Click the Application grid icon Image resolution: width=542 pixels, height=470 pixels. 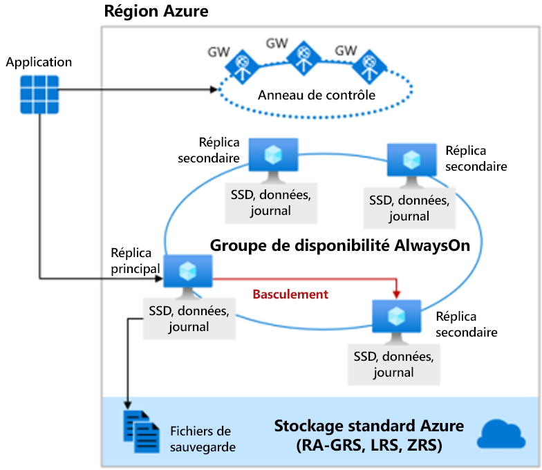pos(39,94)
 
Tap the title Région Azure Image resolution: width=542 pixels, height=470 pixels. pos(156,11)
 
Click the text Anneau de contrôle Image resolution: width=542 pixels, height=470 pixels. pos(317,95)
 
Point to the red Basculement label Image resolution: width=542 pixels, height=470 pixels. pos(290,294)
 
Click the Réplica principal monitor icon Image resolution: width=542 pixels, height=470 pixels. pos(188,276)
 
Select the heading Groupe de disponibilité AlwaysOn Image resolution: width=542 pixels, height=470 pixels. pos(340,245)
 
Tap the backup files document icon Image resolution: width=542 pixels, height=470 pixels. pos(142,431)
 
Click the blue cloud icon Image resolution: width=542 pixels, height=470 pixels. pos(501,434)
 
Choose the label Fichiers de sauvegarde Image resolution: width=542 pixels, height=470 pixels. pos(203,439)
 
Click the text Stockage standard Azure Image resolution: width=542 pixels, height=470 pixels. pos(369,426)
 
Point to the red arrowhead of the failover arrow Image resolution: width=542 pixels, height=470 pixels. pos(397,294)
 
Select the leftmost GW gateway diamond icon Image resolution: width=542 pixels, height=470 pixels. pos(242,66)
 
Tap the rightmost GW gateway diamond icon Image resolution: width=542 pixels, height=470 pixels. pos(369,66)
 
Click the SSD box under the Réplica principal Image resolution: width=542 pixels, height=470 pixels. pos(189,319)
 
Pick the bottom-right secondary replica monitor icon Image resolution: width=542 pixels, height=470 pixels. pos(397,321)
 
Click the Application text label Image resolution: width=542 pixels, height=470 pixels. pos(39,62)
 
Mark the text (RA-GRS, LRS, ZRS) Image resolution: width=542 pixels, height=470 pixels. pos(369,445)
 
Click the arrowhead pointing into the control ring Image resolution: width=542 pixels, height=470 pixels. pos(214,90)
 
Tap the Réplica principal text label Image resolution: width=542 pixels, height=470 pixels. pos(135,261)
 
